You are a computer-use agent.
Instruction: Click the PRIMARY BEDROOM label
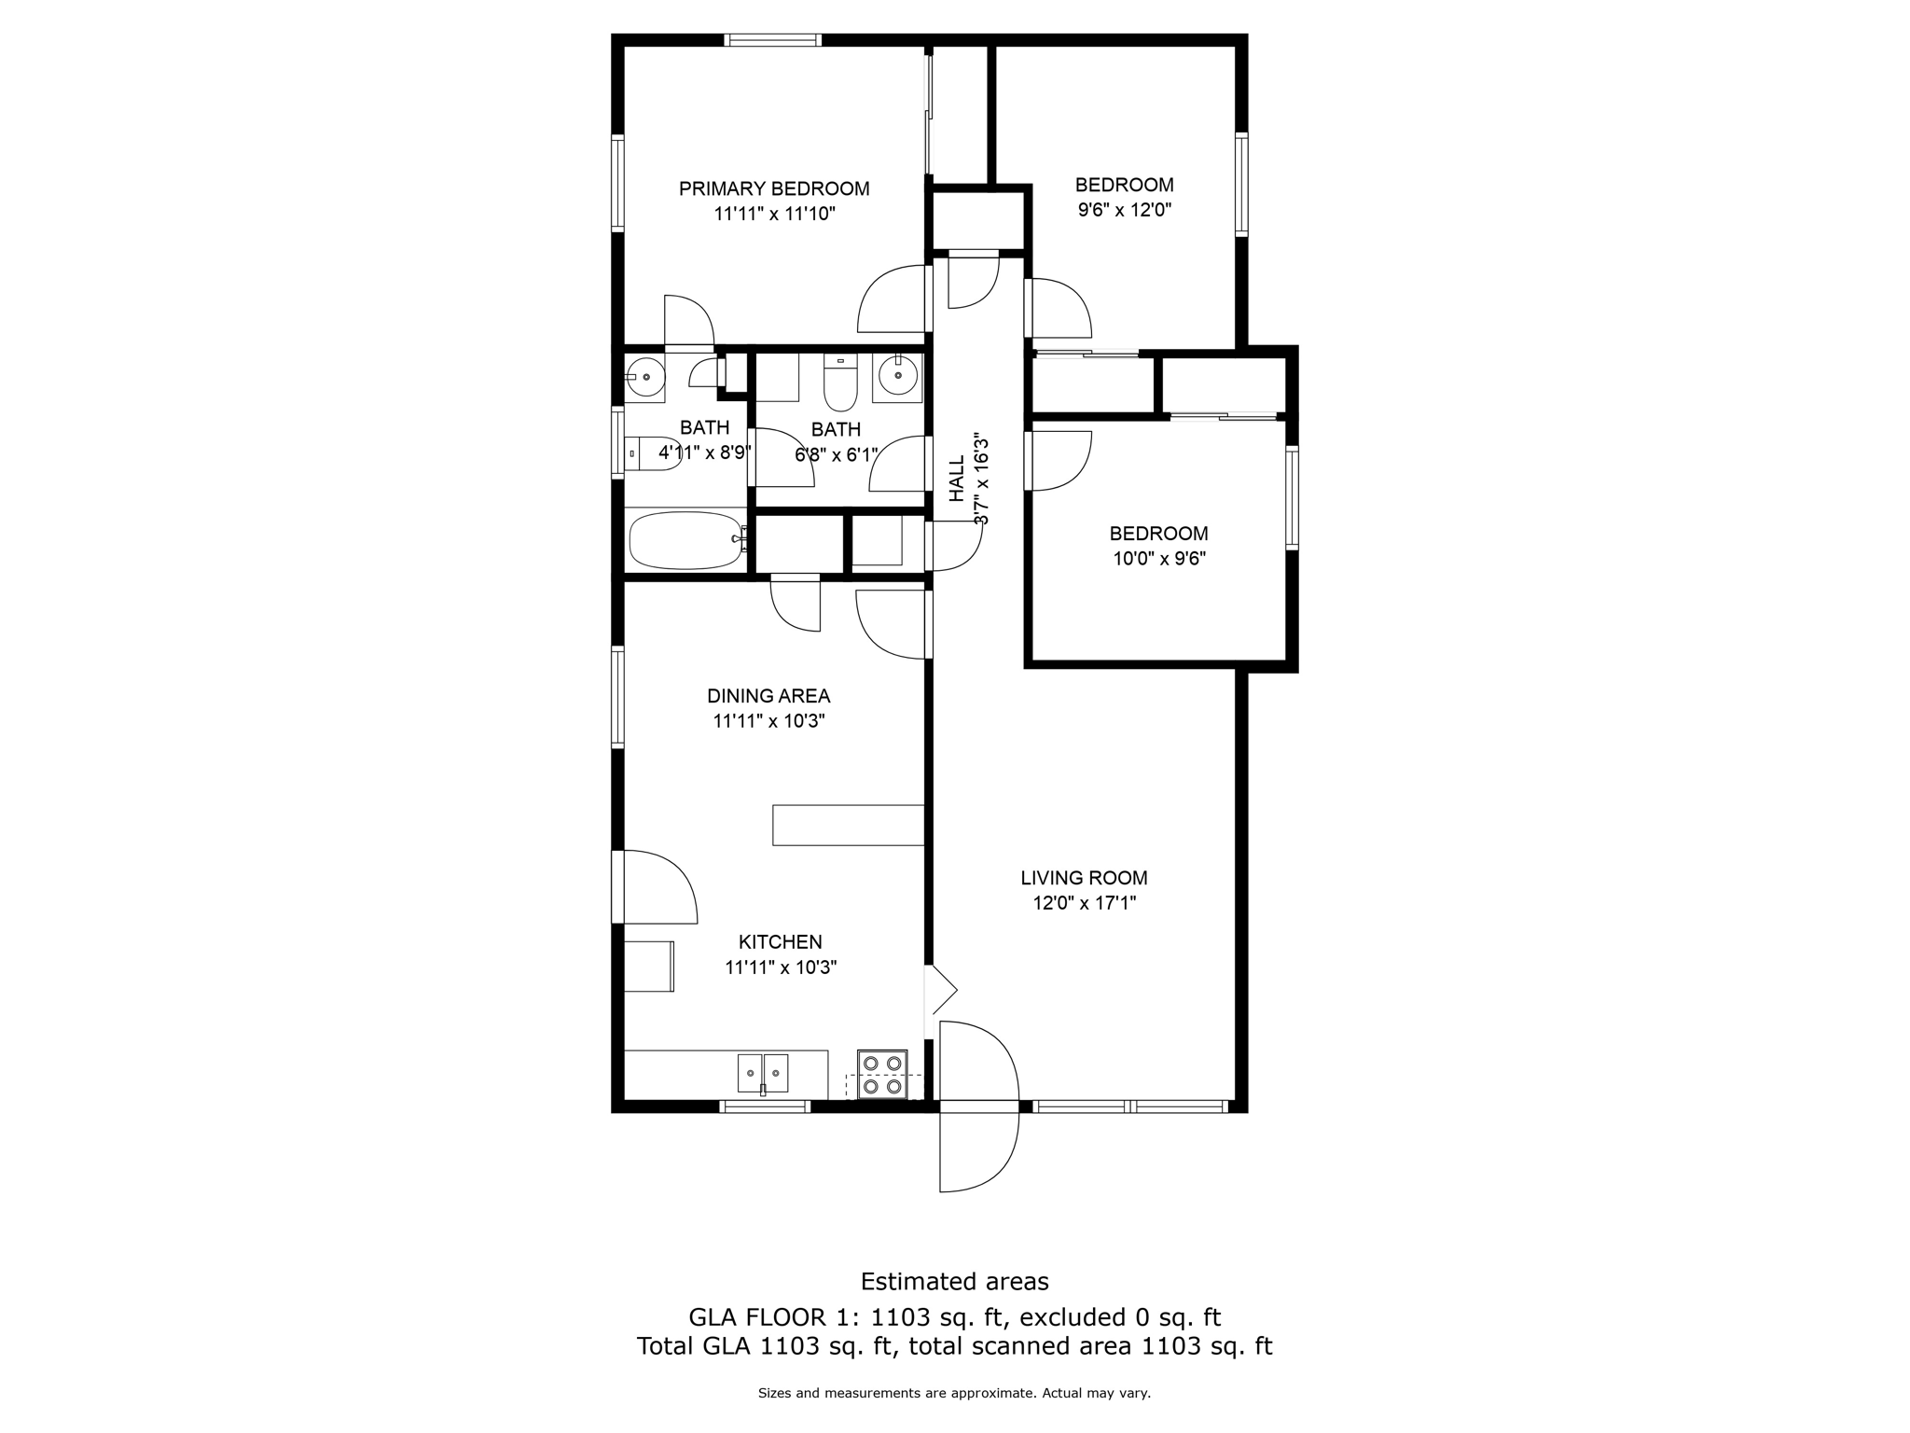coord(773,189)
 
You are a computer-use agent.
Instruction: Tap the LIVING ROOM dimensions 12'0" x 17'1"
coord(1084,903)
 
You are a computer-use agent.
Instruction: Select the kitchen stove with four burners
coord(882,1074)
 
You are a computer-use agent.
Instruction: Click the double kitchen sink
coord(762,1073)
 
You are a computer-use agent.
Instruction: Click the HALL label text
coord(958,480)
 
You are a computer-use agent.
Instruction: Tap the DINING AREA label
coord(768,696)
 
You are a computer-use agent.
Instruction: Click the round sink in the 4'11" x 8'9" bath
coord(644,378)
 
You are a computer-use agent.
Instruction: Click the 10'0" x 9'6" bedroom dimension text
coord(1159,559)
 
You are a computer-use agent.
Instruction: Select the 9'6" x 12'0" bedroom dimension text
coord(1124,210)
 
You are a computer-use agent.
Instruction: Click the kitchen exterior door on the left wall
coord(657,886)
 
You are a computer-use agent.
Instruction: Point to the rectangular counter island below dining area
coord(848,825)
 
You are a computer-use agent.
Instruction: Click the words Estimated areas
coord(954,1281)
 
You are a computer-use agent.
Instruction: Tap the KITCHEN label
coord(780,942)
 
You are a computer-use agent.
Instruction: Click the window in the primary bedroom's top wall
coord(772,40)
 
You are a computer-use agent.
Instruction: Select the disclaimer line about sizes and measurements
coord(954,1393)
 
